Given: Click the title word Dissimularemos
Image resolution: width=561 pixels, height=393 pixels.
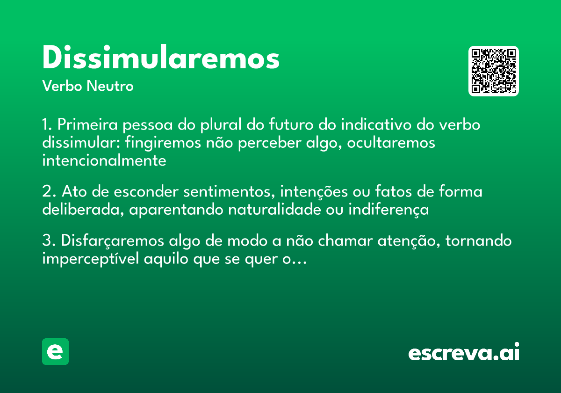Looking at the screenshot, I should click(x=161, y=58).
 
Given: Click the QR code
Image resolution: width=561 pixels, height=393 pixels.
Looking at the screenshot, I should click(x=494, y=71).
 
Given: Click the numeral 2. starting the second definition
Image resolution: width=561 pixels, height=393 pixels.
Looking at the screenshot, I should click(x=49, y=192).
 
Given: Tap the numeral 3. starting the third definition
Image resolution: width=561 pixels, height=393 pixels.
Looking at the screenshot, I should click(x=49, y=241).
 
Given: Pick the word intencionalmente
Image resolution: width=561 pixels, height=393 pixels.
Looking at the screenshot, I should click(x=104, y=160).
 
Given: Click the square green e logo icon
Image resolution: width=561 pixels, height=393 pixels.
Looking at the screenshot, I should click(x=55, y=351).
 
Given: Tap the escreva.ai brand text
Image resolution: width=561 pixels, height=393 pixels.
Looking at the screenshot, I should click(x=464, y=352).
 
